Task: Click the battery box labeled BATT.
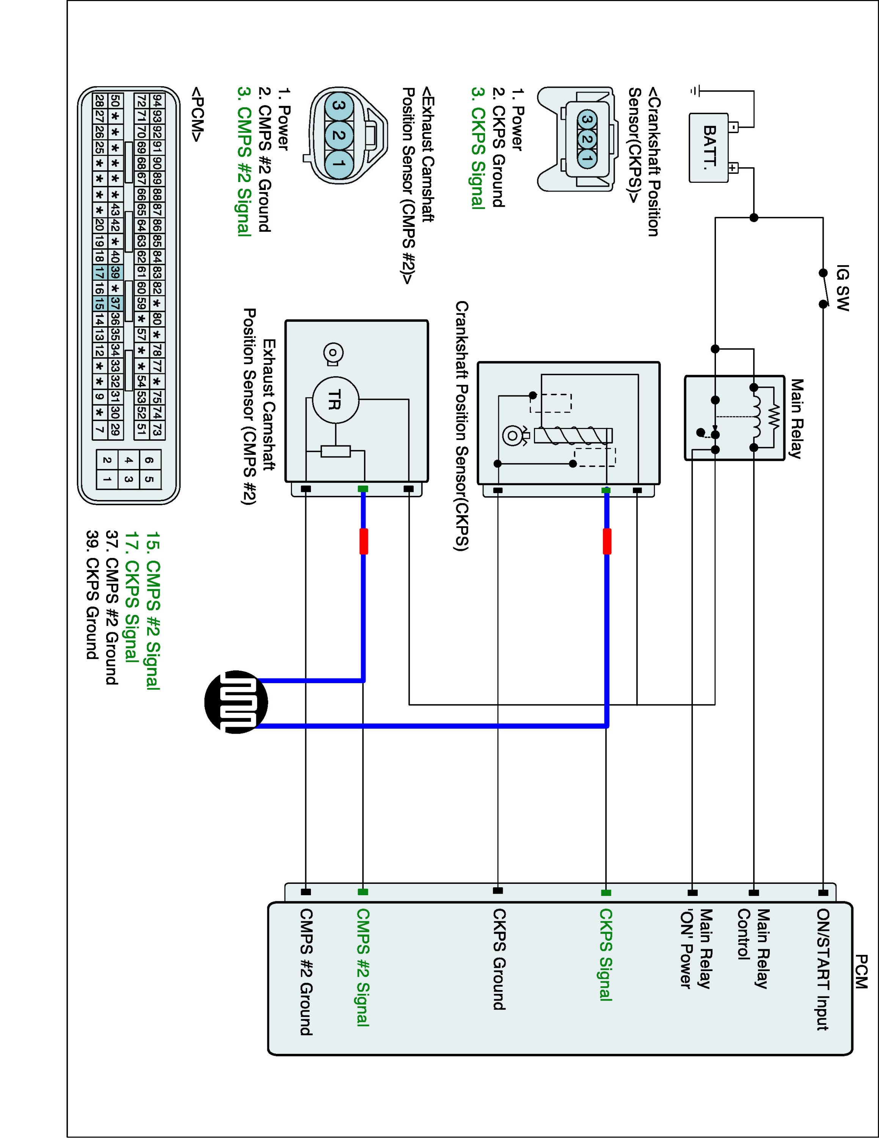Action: (x=708, y=148)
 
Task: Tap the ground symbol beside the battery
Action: (x=695, y=91)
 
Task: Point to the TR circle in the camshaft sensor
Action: (x=335, y=401)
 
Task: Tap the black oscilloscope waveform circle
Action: (x=236, y=702)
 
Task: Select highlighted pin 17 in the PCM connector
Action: (x=99, y=272)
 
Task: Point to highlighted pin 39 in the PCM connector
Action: (x=115, y=272)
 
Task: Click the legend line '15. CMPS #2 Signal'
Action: (x=152, y=611)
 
